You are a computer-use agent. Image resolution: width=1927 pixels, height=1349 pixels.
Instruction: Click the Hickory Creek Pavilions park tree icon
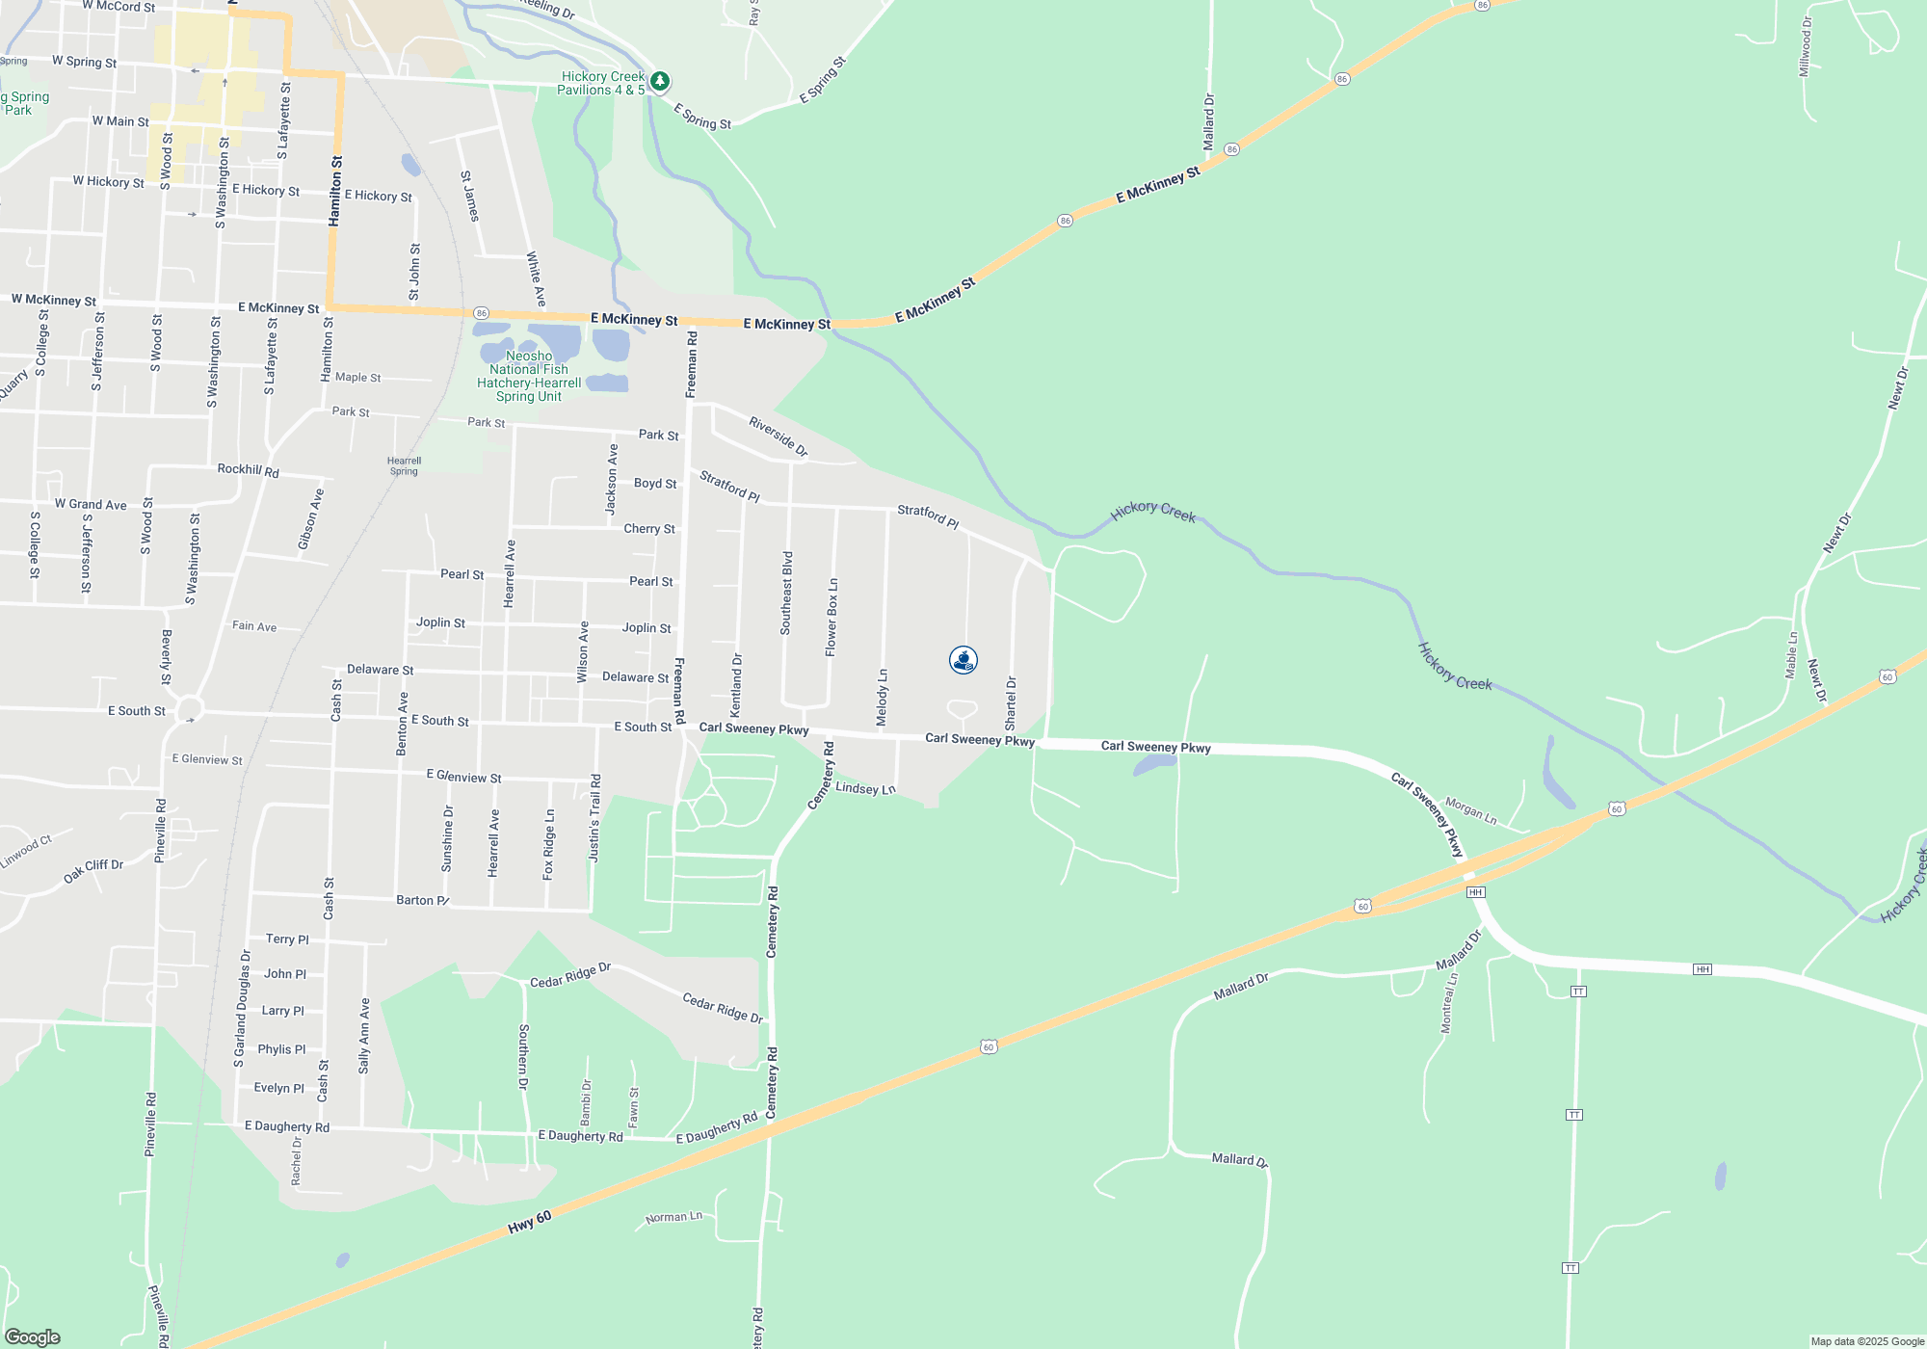coord(660,81)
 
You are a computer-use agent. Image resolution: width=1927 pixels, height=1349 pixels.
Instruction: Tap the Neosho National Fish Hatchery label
coord(529,376)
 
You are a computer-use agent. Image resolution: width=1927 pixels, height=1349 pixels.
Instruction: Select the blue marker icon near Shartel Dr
coord(963,660)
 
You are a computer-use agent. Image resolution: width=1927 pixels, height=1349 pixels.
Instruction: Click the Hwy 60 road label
coord(530,1223)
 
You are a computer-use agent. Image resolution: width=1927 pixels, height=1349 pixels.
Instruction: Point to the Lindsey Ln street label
coord(865,788)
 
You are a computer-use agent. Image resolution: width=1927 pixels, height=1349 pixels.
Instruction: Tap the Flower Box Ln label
coord(832,618)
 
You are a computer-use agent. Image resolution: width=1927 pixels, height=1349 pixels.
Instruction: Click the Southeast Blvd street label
coord(787,593)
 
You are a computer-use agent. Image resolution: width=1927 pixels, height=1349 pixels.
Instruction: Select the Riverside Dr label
coord(778,436)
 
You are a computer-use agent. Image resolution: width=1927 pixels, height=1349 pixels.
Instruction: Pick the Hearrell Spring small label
coord(405,466)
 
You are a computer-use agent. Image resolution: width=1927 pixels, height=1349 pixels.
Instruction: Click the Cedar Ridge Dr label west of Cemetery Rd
coord(570,975)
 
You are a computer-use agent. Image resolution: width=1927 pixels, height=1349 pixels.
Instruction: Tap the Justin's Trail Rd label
coord(595,817)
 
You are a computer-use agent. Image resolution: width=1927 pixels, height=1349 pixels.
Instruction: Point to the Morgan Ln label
coord(1470,811)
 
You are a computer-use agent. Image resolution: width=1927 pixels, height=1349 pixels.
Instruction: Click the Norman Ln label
coord(673,1218)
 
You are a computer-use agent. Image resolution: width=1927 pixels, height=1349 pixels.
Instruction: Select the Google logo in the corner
coord(33,1336)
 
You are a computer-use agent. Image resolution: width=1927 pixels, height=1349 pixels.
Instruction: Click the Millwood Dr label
coord(1806,46)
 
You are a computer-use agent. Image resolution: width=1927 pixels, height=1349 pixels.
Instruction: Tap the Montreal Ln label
coord(1448,1003)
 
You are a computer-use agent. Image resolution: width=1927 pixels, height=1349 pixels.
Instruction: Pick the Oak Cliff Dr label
coord(93,871)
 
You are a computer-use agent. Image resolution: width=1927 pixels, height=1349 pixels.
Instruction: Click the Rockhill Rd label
coord(248,469)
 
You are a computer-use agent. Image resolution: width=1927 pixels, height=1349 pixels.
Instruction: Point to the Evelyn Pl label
coord(278,1088)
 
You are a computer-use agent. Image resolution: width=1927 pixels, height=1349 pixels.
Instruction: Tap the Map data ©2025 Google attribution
coord(1866,1341)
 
